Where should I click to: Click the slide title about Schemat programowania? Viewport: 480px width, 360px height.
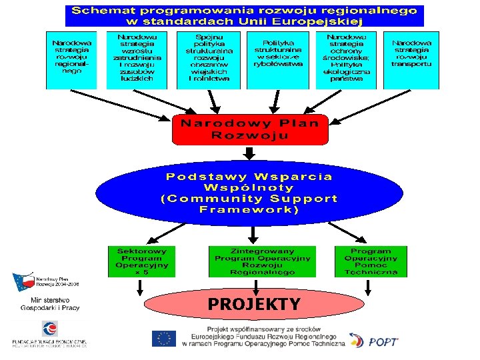pos(244,16)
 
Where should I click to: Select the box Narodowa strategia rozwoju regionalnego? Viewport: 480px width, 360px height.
pos(71,59)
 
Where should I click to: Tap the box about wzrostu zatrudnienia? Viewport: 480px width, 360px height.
pos(137,59)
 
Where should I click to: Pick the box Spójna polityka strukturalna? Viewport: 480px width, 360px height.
pos(209,59)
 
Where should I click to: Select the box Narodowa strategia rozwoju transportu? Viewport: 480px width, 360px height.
pos(411,59)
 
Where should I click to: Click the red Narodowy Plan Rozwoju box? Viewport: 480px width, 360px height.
pos(250,129)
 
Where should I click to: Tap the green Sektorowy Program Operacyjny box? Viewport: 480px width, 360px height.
pos(142,261)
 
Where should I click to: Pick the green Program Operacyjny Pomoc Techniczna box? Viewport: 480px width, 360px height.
pos(371,261)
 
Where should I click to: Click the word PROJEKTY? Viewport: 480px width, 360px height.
pos(253,305)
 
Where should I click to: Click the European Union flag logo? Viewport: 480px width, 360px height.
pos(163,339)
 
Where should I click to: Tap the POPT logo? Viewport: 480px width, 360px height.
pos(374,340)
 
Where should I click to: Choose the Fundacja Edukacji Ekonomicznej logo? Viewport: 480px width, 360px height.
pos(50,333)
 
